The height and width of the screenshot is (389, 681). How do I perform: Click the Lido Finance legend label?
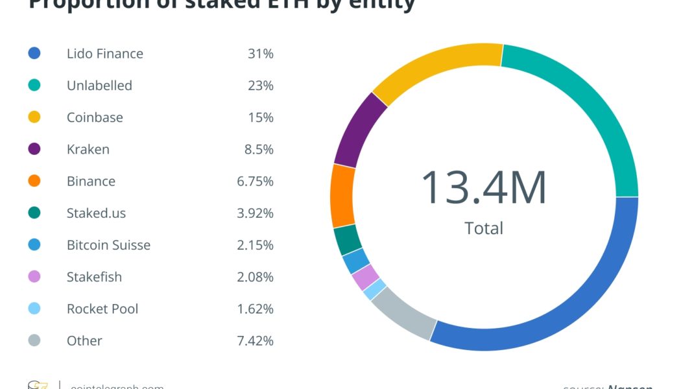click(x=104, y=53)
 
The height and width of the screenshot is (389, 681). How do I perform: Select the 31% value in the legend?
click(x=260, y=53)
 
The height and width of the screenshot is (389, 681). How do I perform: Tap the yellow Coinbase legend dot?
click(x=34, y=117)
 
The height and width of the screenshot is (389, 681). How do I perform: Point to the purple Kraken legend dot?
click(x=34, y=149)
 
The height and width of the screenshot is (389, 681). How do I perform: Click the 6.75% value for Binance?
click(x=255, y=181)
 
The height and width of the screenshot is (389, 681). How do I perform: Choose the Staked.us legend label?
click(x=96, y=213)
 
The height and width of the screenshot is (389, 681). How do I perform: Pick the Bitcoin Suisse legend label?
click(x=108, y=245)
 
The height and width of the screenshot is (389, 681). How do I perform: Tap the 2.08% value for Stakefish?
click(x=255, y=277)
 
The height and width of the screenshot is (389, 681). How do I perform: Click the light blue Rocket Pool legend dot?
click(x=34, y=309)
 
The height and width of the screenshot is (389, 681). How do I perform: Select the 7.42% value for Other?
click(x=255, y=340)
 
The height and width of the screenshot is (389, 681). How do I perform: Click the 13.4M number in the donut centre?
click(x=483, y=187)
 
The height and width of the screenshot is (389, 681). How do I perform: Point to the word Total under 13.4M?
click(x=484, y=228)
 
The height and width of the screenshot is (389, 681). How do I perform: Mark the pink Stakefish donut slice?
click(x=365, y=277)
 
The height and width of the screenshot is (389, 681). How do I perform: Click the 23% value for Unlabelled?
click(x=260, y=86)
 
